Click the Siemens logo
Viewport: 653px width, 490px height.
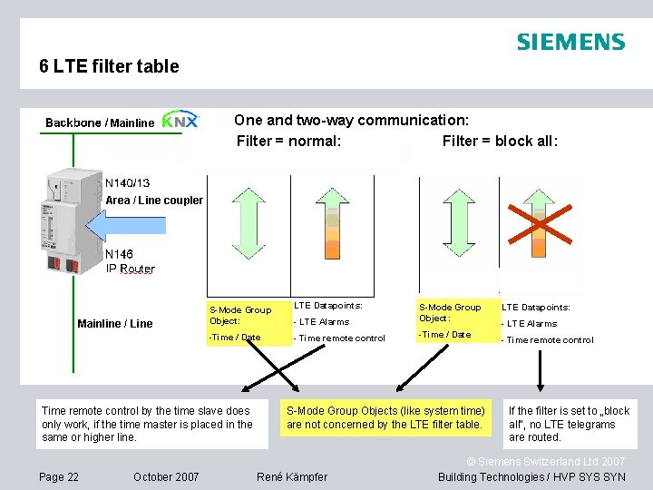(x=570, y=42)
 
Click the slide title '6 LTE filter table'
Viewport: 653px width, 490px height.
(x=109, y=66)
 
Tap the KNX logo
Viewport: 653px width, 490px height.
(x=180, y=120)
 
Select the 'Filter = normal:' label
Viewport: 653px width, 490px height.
(x=288, y=141)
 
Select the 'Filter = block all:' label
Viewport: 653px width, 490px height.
(x=500, y=141)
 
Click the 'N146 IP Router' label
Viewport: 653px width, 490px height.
(x=130, y=261)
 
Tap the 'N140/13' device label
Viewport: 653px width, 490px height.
(x=128, y=182)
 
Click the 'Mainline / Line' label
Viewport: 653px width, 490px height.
(x=115, y=324)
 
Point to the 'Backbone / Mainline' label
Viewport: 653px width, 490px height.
(x=100, y=122)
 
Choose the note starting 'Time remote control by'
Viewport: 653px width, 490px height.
(x=152, y=424)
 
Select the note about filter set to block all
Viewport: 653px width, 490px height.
(x=570, y=424)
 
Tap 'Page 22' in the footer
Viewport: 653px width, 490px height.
(x=59, y=477)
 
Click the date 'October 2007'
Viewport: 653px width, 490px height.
(x=166, y=477)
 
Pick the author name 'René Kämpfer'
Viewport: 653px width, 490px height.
(x=292, y=477)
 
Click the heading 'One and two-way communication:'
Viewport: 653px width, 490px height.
(x=351, y=120)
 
